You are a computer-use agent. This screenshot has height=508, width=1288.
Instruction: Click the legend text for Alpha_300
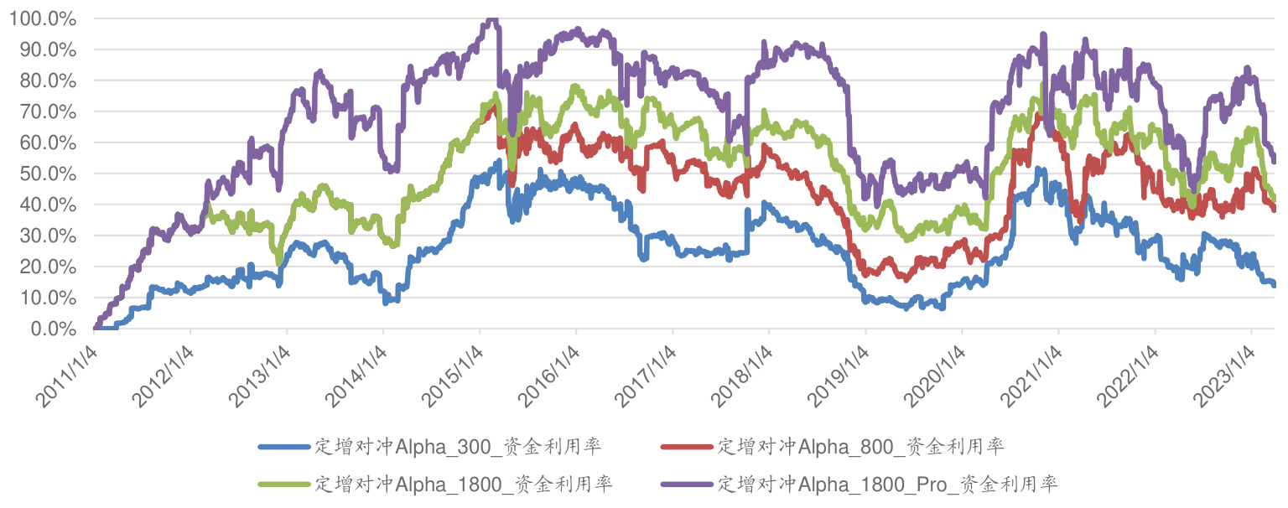(457, 446)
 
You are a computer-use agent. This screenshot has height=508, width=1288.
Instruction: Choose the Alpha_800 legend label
(860, 446)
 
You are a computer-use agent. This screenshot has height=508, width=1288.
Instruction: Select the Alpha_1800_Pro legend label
(887, 484)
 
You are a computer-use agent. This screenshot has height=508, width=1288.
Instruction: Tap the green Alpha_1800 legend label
(463, 484)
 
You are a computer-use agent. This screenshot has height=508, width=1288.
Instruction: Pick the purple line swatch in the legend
(688, 485)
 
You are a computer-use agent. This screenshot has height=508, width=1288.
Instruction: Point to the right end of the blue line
(1274, 285)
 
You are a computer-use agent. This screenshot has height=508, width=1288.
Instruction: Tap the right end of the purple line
(1274, 160)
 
